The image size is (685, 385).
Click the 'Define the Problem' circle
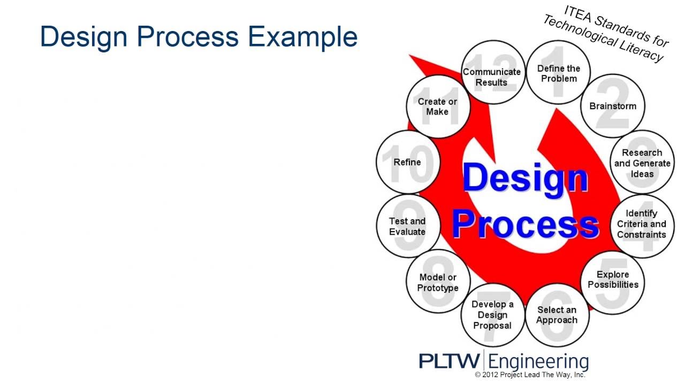pos(558,73)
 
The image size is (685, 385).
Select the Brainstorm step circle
pos(613,106)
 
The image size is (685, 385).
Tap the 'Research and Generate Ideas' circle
pos(642,163)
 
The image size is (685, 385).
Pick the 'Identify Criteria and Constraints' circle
pos(642,224)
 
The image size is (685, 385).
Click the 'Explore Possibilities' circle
pos(613,279)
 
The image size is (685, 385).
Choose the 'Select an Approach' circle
pos(557,315)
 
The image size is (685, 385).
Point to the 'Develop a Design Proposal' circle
pos(492,315)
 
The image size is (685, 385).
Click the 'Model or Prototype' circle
pos(438,282)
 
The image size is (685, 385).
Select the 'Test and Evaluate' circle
pos(407,226)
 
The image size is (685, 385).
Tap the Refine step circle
pos(407,162)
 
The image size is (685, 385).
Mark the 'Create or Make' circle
pos(437,106)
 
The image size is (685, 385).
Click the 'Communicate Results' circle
pos(492,76)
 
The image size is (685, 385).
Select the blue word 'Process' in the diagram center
pos(525,225)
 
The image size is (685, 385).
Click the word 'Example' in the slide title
pos(302,36)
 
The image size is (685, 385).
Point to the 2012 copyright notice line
pos(530,375)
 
